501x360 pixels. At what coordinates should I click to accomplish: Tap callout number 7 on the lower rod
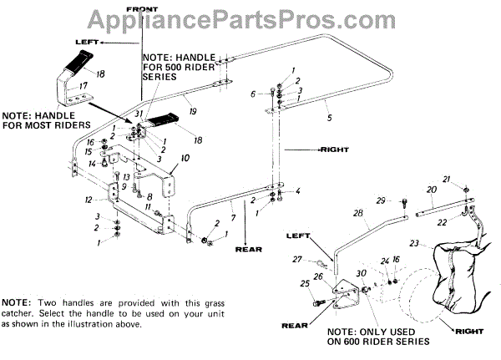click(x=233, y=218)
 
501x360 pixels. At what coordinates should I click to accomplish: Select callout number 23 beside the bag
click(x=415, y=244)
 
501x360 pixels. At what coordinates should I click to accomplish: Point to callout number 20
click(x=430, y=190)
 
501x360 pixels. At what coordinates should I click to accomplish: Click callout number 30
click(x=361, y=275)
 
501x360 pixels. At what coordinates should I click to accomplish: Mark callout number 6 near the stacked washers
click(x=252, y=94)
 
